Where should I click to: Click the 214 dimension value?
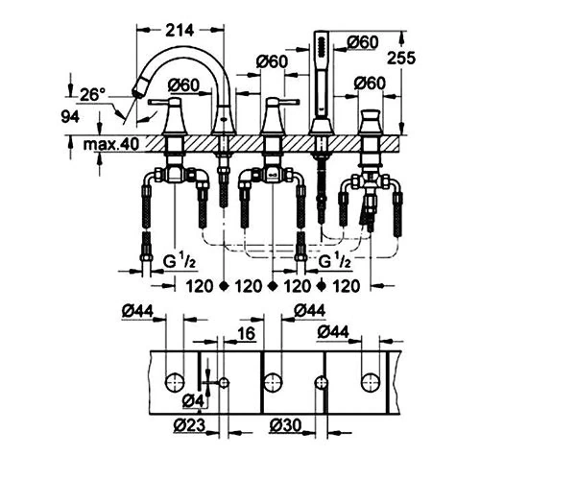(180, 30)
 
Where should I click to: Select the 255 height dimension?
(401, 58)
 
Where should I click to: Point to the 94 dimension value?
(70, 117)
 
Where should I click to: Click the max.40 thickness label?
(111, 144)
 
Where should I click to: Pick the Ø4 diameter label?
(193, 400)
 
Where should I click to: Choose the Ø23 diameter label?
(189, 425)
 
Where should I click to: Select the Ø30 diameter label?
(285, 425)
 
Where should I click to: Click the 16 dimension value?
(246, 333)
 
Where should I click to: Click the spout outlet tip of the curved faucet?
(138, 91)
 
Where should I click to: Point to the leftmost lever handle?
(166, 102)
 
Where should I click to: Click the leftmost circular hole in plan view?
(175, 383)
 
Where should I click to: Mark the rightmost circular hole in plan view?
(370, 383)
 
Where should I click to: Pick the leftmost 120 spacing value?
(199, 286)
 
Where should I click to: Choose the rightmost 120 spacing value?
(346, 286)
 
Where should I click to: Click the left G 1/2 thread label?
(180, 261)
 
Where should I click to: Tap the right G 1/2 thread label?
(334, 261)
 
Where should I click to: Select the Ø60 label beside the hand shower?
(363, 42)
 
